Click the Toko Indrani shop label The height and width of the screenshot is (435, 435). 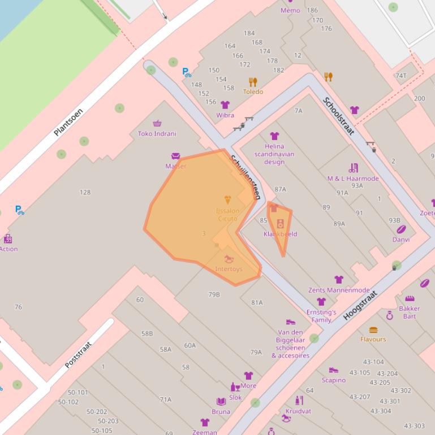(157, 134)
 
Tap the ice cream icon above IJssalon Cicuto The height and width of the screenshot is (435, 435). (227, 200)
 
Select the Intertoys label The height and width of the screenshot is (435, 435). (229, 269)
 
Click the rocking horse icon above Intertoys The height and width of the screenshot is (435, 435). (229, 259)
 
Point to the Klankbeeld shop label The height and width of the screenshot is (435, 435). (280, 234)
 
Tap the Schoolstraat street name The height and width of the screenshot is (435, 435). (338, 116)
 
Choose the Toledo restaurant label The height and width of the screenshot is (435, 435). (253, 92)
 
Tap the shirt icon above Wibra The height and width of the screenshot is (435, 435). (225, 105)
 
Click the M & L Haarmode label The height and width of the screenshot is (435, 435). (353, 179)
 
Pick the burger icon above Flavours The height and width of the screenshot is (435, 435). (373, 330)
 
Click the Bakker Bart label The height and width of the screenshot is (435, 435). (410, 312)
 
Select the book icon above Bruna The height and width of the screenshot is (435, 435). (221, 402)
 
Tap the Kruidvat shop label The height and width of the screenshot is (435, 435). (299, 411)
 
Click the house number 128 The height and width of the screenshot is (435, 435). (85, 192)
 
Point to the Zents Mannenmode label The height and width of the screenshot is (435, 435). (339, 290)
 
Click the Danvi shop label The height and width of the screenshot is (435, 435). (401, 240)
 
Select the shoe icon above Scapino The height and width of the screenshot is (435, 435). (334, 371)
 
